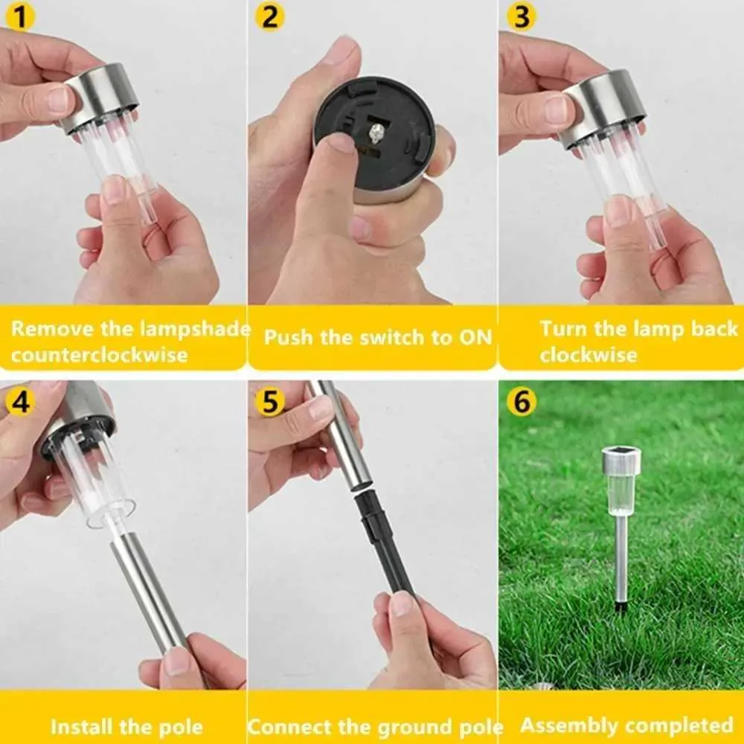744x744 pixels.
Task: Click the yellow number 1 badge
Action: click(20, 16)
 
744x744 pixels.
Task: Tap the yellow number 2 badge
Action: click(269, 16)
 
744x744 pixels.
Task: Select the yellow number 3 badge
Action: click(522, 16)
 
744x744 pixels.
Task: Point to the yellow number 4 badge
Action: click(20, 402)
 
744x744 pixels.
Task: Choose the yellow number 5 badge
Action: click(269, 402)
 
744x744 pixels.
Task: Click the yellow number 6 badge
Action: click(522, 402)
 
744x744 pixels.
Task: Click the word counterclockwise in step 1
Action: click(99, 355)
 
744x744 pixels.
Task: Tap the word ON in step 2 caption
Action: click(475, 337)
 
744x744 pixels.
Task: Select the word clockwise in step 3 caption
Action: click(589, 355)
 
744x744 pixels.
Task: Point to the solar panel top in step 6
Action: click(621, 450)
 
